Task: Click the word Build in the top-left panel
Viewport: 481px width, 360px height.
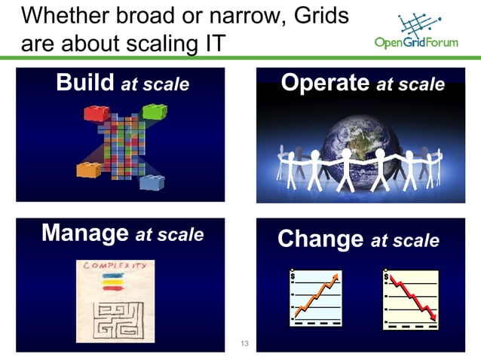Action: (x=85, y=83)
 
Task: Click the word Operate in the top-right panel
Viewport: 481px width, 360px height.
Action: (x=325, y=83)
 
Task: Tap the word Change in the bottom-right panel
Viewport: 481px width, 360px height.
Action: (x=320, y=239)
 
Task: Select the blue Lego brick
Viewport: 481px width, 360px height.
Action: (x=152, y=182)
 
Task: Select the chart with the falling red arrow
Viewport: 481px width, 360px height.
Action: (x=411, y=299)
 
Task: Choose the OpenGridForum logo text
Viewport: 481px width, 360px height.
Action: (x=415, y=42)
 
